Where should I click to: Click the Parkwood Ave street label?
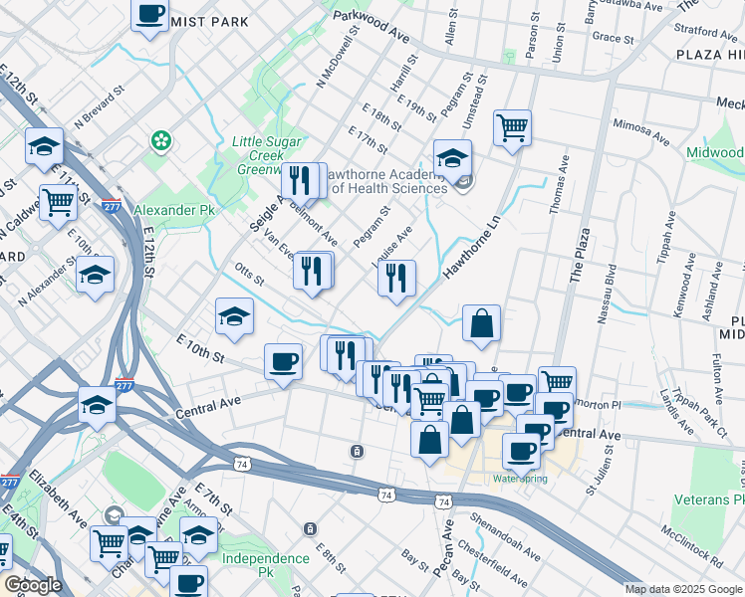tap(372, 25)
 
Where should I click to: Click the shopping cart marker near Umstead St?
tap(512, 127)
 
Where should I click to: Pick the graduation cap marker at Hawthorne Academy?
tap(452, 158)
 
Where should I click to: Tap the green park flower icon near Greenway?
tap(160, 142)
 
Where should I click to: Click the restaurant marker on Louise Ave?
tap(396, 279)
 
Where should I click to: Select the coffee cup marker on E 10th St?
tap(283, 361)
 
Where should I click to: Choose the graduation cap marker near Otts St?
tap(234, 317)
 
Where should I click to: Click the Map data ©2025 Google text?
tap(683, 589)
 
